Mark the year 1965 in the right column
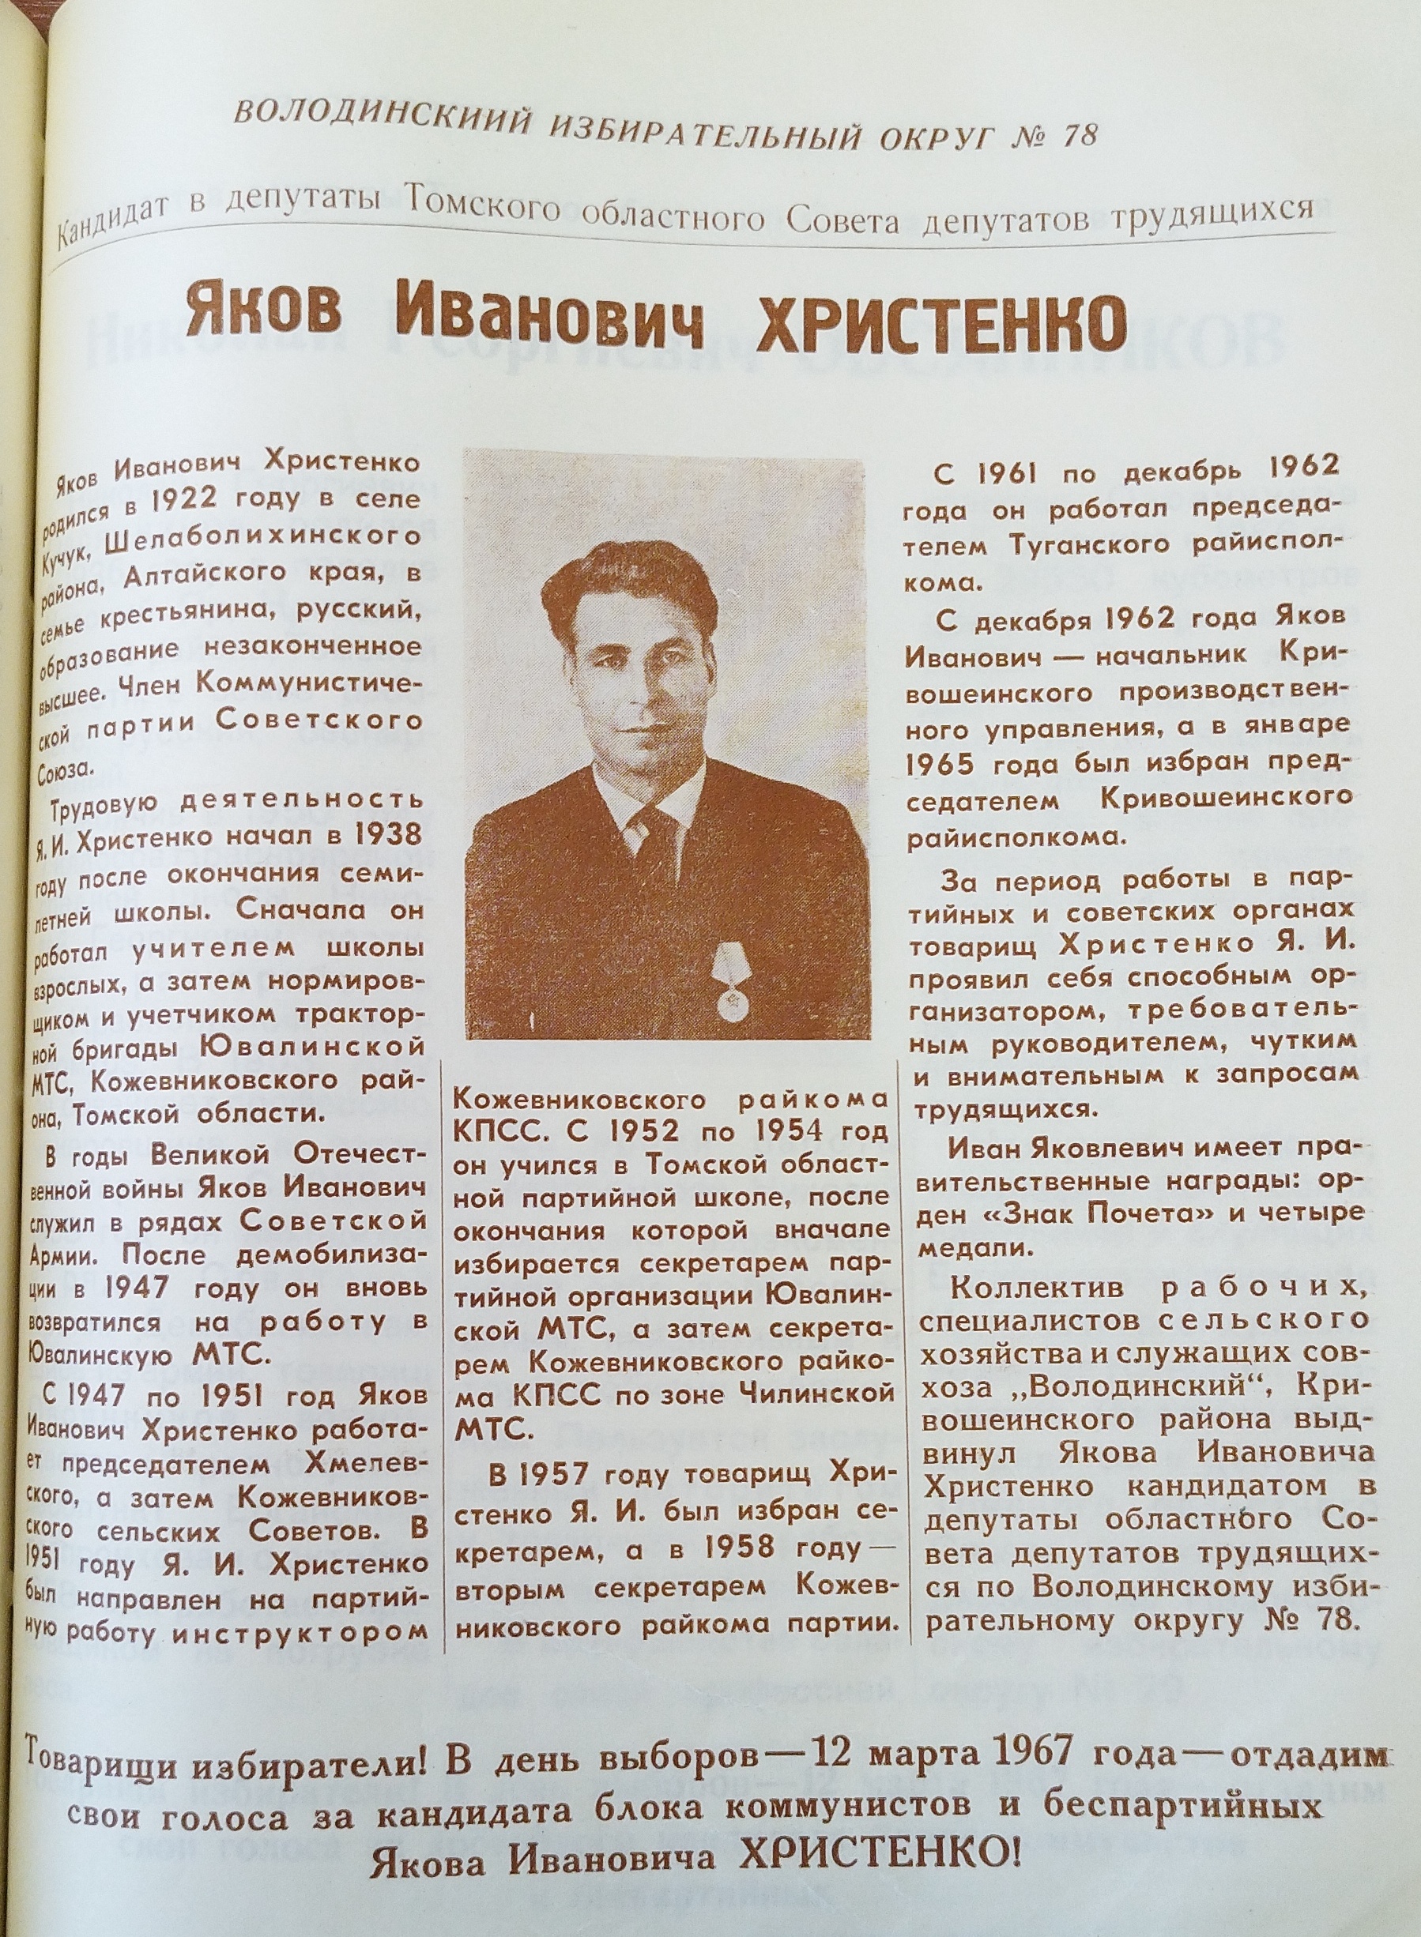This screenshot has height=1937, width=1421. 947,765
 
